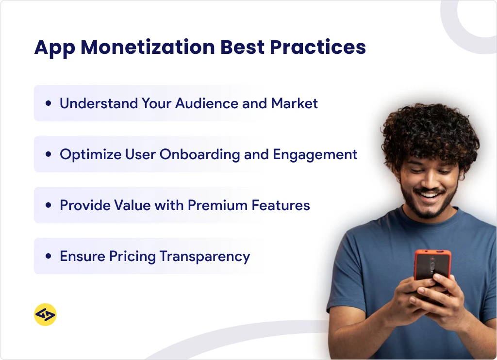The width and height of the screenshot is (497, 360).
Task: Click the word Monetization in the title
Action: point(148,48)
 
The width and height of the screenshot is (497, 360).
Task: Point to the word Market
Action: point(295,103)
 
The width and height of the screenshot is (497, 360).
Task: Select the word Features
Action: point(281,205)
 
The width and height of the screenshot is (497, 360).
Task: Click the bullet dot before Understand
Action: point(48,104)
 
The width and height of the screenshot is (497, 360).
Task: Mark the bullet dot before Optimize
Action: point(48,155)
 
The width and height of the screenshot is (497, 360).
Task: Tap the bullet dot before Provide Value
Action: point(48,206)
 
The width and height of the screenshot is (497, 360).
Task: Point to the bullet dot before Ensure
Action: point(48,257)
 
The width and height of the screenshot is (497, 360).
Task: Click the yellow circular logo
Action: point(45,315)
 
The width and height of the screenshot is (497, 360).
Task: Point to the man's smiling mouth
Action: point(428,196)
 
